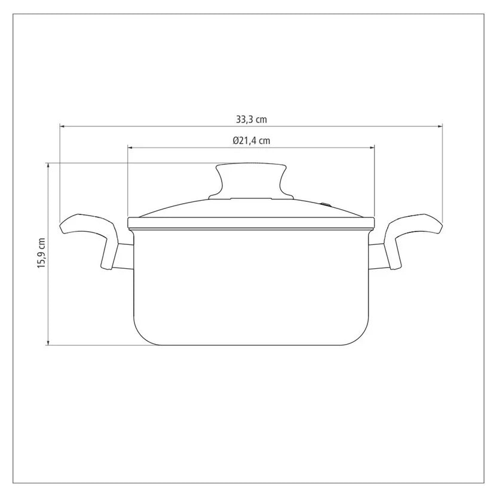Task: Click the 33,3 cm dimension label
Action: click(x=251, y=119)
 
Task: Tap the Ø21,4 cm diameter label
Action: click(x=251, y=140)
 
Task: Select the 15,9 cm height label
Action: click(x=42, y=253)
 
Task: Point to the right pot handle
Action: click(x=415, y=235)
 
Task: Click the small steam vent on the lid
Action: click(x=325, y=204)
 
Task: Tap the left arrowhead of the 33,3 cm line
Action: click(x=62, y=127)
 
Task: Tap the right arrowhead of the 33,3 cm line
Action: click(x=440, y=127)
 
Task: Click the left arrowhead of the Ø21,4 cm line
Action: click(x=130, y=148)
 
